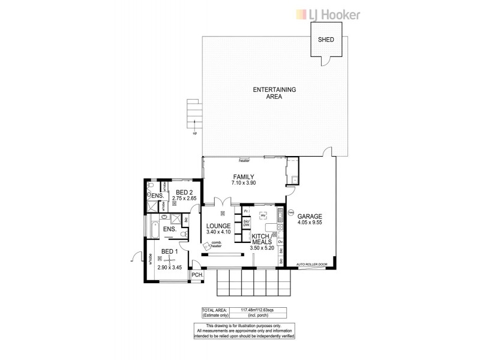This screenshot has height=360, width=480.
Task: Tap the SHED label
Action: [x=326, y=40]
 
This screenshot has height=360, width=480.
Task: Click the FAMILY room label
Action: [x=244, y=177]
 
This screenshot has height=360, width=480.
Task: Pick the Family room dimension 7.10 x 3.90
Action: [x=244, y=183]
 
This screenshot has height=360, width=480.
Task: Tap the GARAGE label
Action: [x=312, y=217]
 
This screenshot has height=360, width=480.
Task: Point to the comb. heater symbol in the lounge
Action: [x=209, y=245]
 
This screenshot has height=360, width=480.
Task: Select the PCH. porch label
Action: [x=196, y=275]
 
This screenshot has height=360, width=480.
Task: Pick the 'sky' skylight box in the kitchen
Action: [x=262, y=214]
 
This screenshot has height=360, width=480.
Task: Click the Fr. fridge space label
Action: [x=247, y=211]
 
